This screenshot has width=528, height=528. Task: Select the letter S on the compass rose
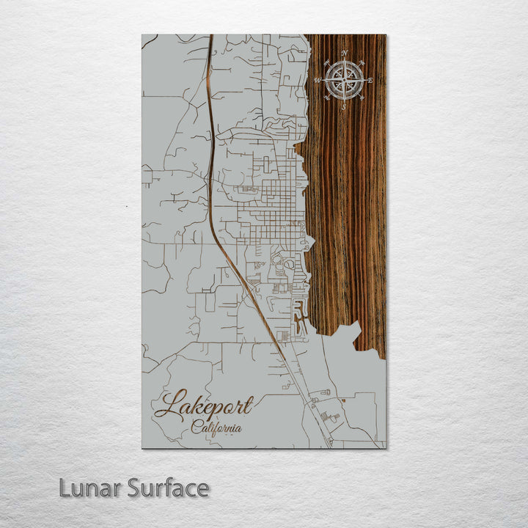343,106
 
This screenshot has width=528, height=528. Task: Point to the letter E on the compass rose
370,80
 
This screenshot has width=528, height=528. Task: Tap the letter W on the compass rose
318,79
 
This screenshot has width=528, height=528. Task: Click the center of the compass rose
344,80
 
